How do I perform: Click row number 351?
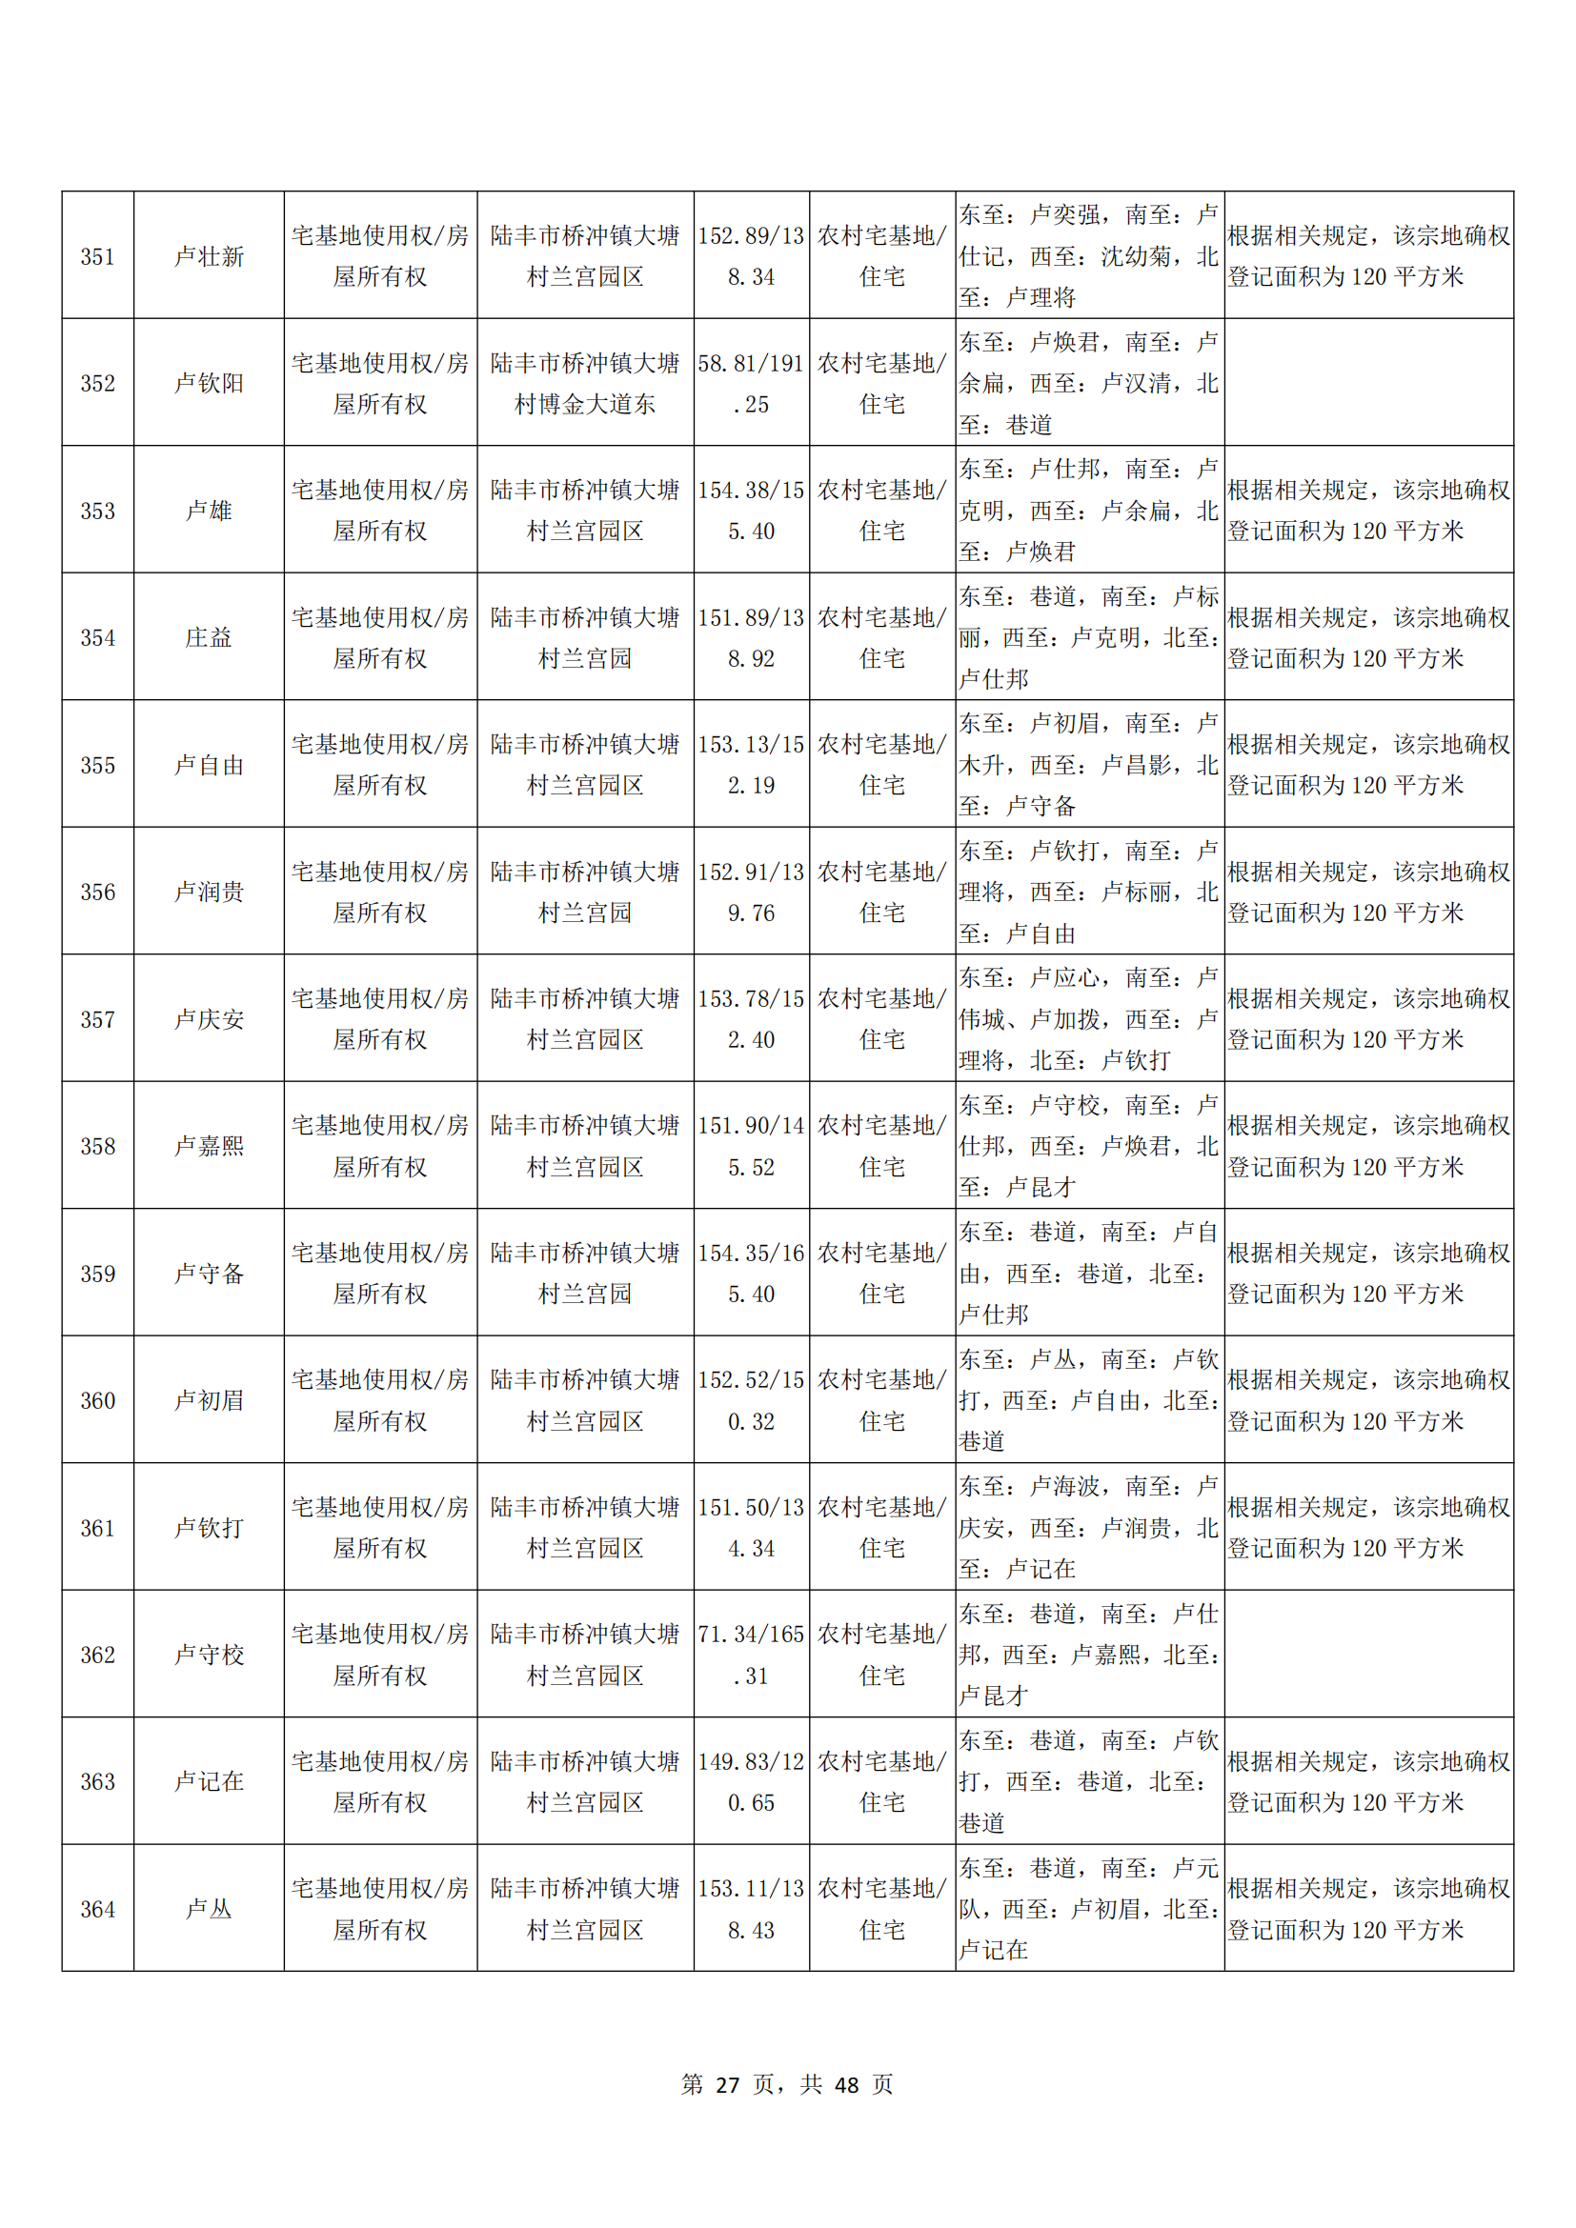tap(97, 256)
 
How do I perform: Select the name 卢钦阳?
tap(209, 383)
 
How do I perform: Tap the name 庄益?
tap(209, 637)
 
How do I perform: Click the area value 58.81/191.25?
tap(751, 383)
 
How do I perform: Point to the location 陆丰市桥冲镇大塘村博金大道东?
tap(585, 383)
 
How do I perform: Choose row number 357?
tap(97, 1019)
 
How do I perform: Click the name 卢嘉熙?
tap(209, 1146)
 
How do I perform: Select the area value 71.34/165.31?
tap(751, 1655)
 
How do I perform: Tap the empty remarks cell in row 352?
tap(1368, 383)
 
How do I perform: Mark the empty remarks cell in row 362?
tap(1368, 1655)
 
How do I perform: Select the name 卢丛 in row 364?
tap(209, 1909)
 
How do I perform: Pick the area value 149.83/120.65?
tap(751, 1781)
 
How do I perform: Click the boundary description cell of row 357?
tap(1089, 1019)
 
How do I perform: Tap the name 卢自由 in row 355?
tap(209, 765)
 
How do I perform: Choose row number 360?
tap(97, 1400)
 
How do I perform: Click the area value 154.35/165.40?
tap(751, 1274)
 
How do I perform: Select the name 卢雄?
tap(209, 511)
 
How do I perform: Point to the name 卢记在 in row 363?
tap(209, 1781)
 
